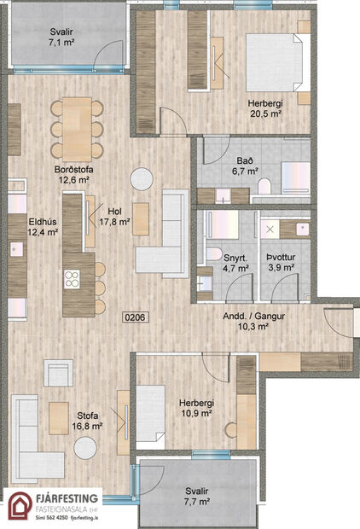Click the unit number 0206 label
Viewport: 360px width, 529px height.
[136, 317]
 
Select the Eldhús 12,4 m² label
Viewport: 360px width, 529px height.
[42, 224]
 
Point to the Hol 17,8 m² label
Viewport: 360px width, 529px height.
[114, 216]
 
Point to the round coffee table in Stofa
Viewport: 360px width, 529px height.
[84, 448]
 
